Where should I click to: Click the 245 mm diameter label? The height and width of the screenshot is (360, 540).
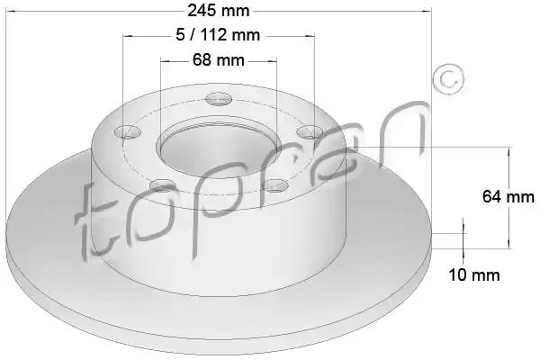pyautogui.click(x=219, y=11)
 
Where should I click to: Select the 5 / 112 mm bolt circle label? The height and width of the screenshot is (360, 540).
pyautogui.click(x=218, y=35)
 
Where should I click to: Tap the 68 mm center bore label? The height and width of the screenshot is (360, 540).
pyautogui.click(x=219, y=60)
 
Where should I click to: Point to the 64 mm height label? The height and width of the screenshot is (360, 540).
pyautogui.click(x=508, y=197)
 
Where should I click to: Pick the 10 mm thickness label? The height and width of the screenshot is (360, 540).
pyautogui.click(x=474, y=274)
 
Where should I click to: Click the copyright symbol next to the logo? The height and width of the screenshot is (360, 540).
pyautogui.click(x=448, y=79)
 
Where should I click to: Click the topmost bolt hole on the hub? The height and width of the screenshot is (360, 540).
pyautogui.click(x=219, y=99)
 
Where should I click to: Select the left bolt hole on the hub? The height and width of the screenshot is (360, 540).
pyautogui.click(x=128, y=131)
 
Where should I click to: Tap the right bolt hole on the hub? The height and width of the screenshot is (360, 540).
pyautogui.click(x=310, y=132)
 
